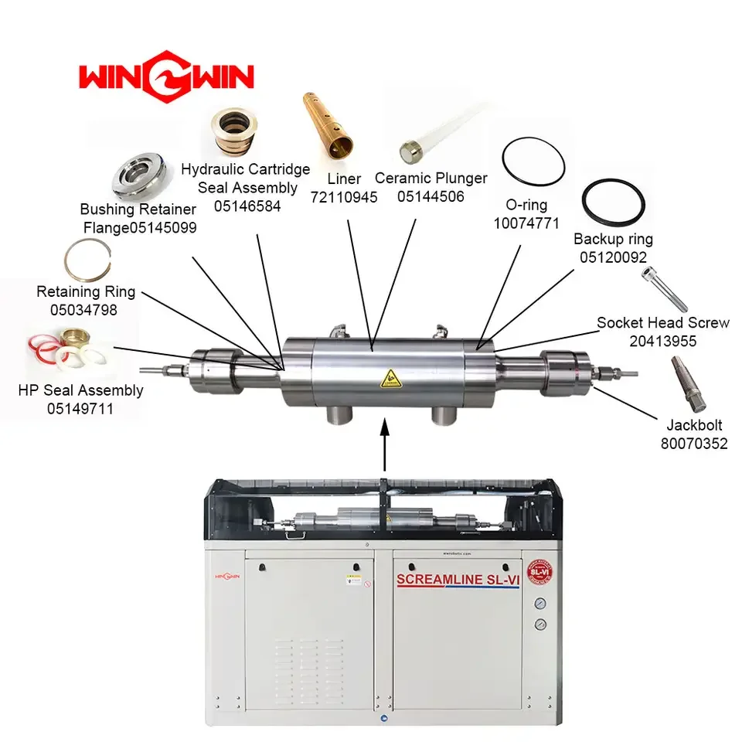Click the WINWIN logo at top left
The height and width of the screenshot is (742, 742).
click(x=165, y=78)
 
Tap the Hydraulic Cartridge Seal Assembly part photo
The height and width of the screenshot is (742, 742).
click(x=235, y=132)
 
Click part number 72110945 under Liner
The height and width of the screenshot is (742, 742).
click(x=344, y=197)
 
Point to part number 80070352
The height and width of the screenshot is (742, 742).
click(x=693, y=444)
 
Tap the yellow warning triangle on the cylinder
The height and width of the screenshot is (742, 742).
click(x=387, y=378)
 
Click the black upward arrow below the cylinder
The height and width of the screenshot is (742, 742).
click(x=384, y=444)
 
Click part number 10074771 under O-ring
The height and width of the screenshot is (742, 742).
click(x=526, y=223)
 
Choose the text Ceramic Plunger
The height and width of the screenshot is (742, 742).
click(x=431, y=179)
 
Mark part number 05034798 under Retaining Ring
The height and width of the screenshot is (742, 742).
click(x=86, y=309)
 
